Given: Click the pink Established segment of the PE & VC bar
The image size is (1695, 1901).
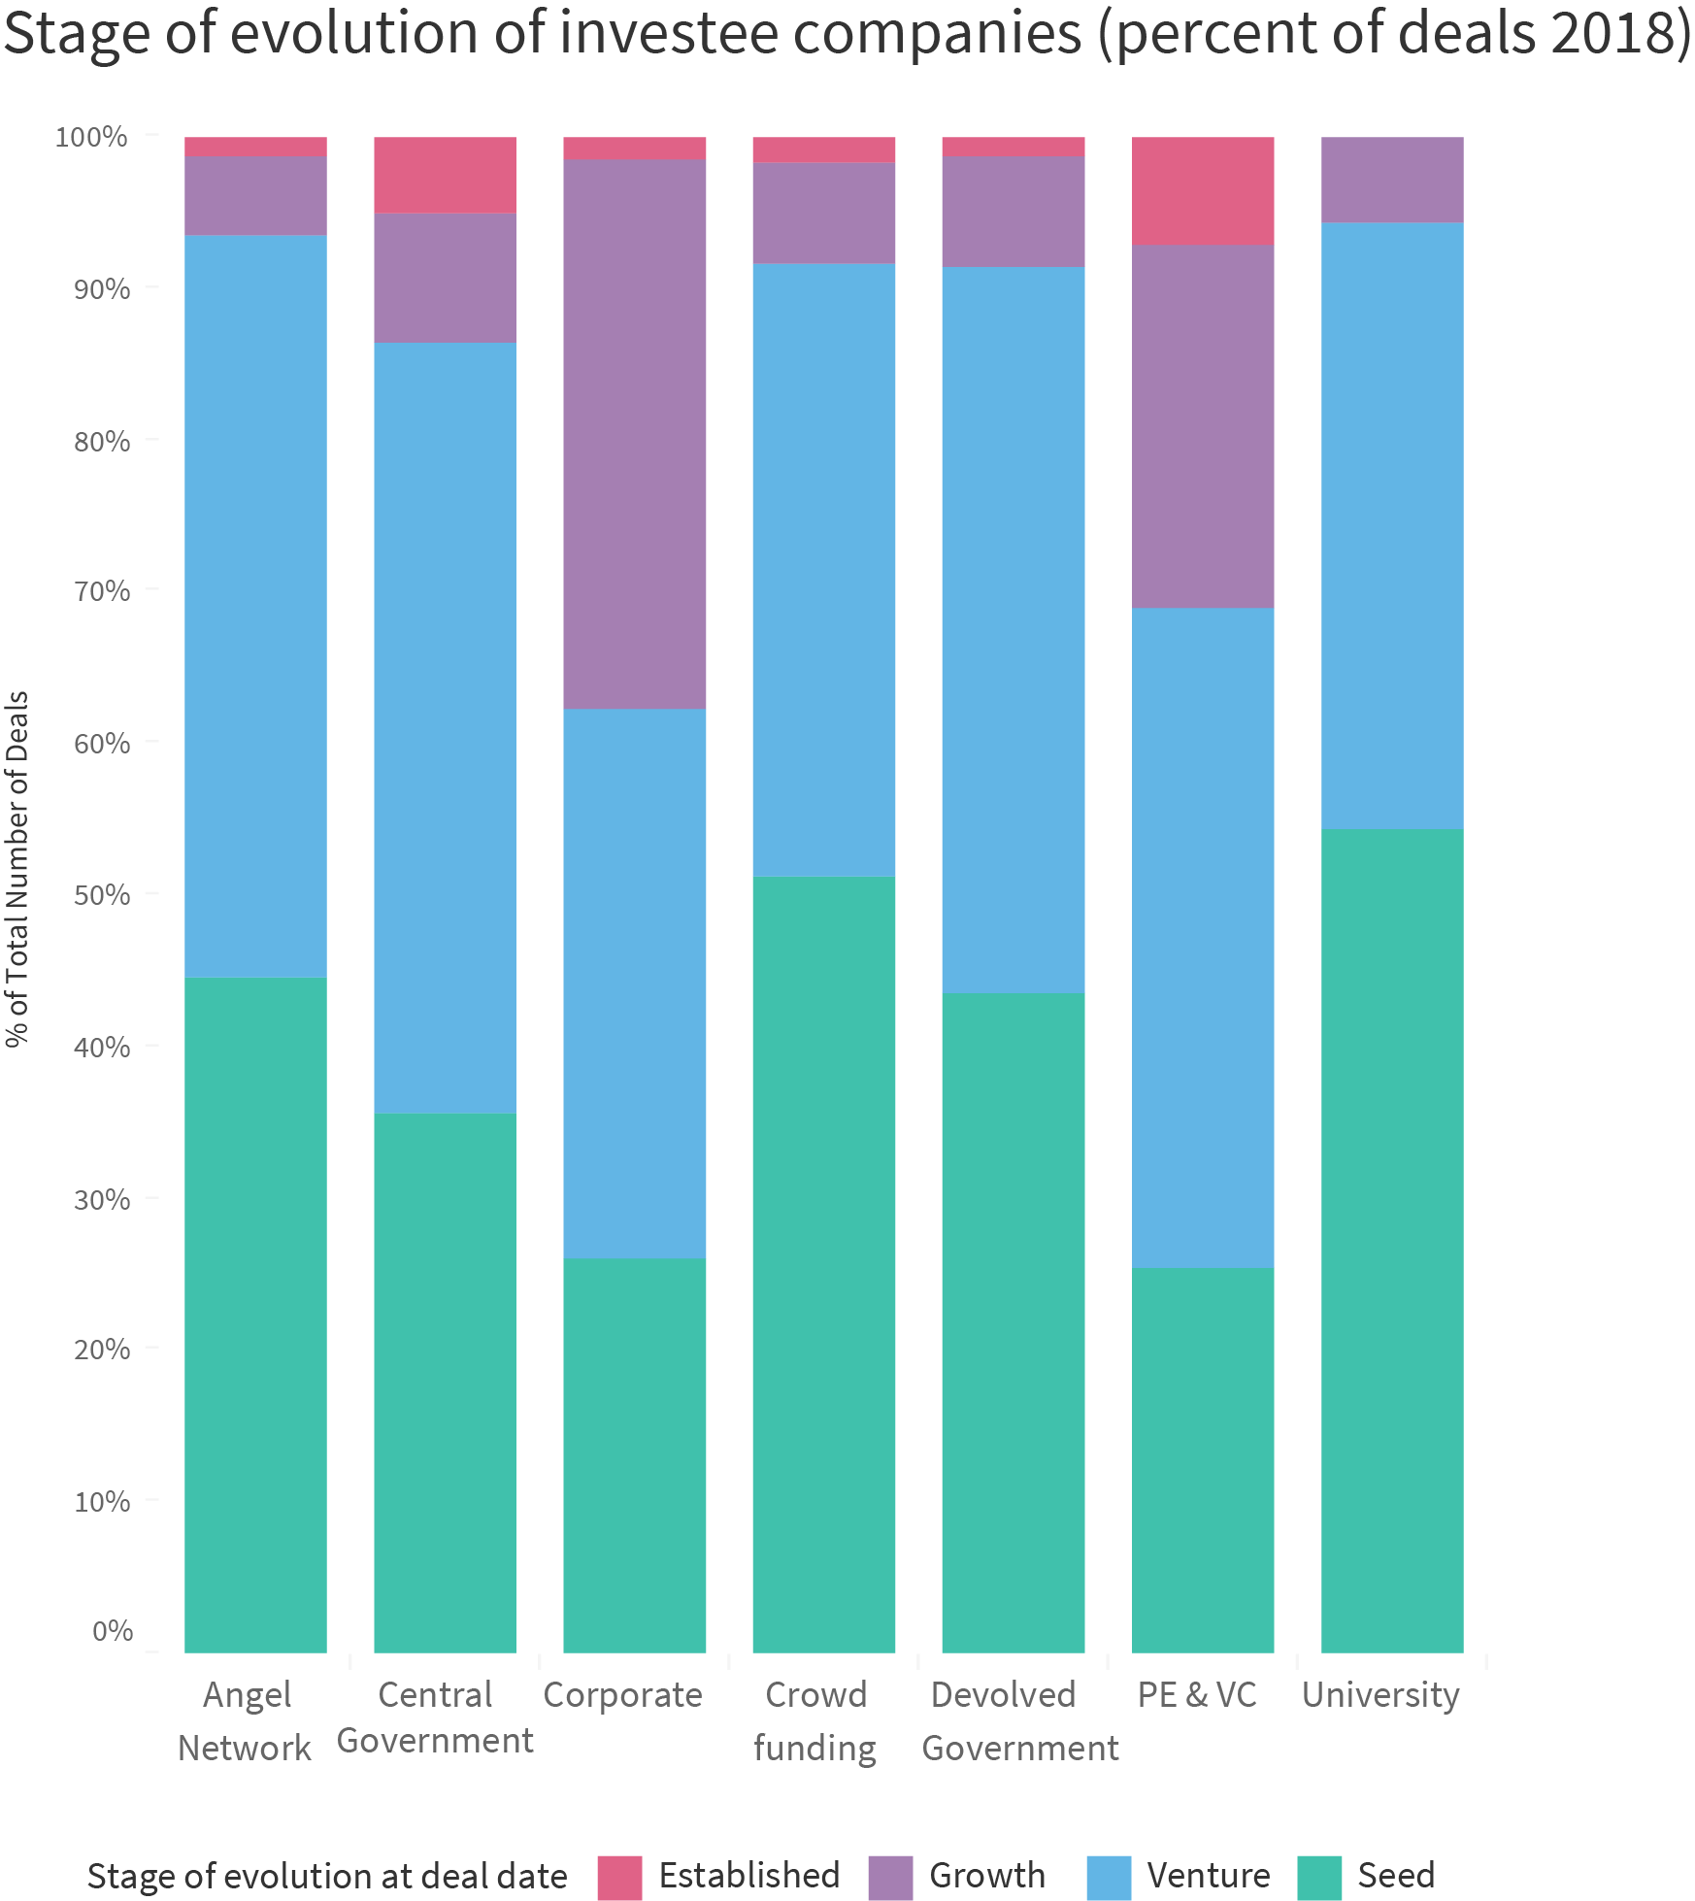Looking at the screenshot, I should click(x=1202, y=190).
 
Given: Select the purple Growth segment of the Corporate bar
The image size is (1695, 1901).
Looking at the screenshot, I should click(x=634, y=433).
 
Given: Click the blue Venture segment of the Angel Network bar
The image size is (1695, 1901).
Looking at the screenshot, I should click(x=255, y=606).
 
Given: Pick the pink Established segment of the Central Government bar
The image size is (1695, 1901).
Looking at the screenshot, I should click(x=445, y=175).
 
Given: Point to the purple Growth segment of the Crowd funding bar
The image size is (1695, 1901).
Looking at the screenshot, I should click(x=823, y=213).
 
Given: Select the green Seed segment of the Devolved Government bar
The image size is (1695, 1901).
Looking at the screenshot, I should click(x=1013, y=1322).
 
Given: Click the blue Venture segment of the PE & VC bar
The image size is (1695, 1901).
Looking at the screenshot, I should click(x=1202, y=937).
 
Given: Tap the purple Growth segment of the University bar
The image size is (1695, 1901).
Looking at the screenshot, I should click(x=1391, y=180).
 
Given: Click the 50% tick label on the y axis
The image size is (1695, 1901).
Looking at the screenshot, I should click(x=101, y=894).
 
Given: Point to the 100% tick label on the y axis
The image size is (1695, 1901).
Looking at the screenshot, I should click(x=91, y=137).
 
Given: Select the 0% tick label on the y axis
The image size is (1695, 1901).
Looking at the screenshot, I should click(x=112, y=1630).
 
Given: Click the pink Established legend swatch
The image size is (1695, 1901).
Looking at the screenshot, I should click(x=619, y=1877).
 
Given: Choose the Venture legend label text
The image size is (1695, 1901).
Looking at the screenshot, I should click(x=1208, y=1875).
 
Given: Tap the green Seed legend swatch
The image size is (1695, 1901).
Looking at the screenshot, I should click(x=1318, y=1877).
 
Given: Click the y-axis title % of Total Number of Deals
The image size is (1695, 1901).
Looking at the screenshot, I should click(x=17, y=869).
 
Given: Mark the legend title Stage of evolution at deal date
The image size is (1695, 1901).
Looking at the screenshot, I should click(x=327, y=1876).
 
